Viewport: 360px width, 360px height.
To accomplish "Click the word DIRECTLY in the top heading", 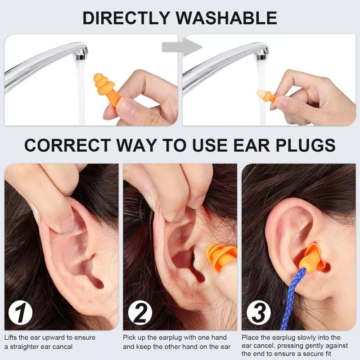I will [x=127, y=18].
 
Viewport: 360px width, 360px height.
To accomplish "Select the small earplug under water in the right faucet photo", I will [x=266, y=95].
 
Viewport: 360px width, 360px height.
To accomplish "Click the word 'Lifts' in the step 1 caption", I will [x=12, y=337].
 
